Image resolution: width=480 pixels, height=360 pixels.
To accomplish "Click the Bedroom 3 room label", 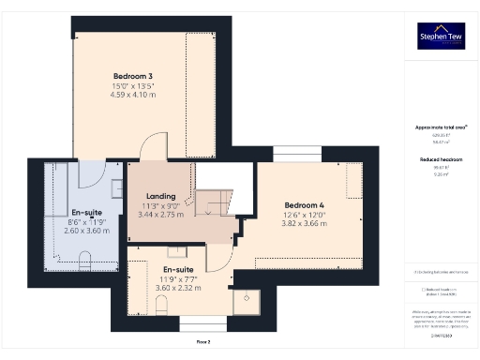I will [134, 75].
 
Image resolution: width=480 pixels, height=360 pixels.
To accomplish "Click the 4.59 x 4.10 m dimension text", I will [134, 95].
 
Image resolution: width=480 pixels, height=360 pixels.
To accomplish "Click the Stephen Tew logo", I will [440, 36].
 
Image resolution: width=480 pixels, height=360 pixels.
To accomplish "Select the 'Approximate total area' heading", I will [440, 127].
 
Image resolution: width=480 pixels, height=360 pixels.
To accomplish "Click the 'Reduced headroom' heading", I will [440, 160].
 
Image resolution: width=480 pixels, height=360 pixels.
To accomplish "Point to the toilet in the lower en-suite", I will [175, 251].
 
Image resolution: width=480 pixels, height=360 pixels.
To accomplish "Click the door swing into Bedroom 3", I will [153, 148].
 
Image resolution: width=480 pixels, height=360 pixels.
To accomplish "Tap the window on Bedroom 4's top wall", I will [288, 153].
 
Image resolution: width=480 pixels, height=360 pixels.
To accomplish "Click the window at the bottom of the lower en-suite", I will [197, 322].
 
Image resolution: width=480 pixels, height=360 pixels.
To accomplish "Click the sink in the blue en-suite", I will [115, 187].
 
